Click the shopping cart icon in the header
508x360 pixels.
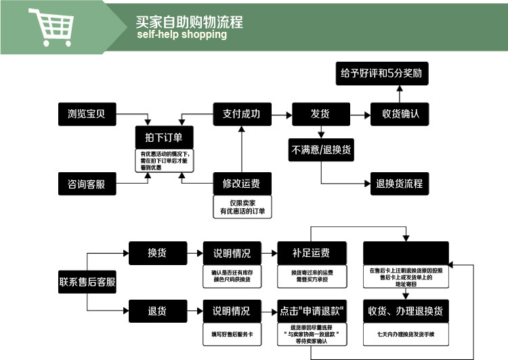[x=50, y=26]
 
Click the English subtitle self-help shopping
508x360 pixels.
[x=182, y=35]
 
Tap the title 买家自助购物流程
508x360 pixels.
[x=189, y=22]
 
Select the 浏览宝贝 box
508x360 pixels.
[x=87, y=113]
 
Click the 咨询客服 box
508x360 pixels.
[x=87, y=183]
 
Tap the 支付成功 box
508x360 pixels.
[x=241, y=113]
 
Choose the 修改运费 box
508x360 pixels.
[x=241, y=183]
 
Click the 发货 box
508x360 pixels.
[x=320, y=113]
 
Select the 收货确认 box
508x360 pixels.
[x=400, y=113]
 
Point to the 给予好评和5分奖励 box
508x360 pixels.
[x=382, y=73]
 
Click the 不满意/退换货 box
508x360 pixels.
[x=321, y=150]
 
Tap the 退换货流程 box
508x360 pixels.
[x=400, y=183]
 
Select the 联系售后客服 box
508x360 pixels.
[x=87, y=282]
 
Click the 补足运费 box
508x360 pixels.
[x=312, y=253]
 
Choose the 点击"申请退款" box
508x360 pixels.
[x=312, y=311]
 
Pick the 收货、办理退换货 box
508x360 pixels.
[x=406, y=311]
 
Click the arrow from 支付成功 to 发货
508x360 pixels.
[x=281, y=113]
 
